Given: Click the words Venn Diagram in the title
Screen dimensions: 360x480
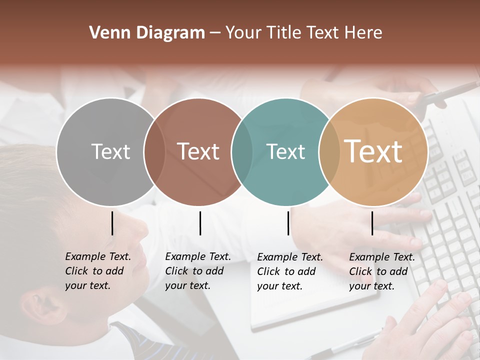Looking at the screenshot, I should pos(146,33).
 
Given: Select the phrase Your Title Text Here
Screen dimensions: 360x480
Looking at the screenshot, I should pos(303,33).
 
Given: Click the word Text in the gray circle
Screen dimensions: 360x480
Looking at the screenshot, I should pos(110,151).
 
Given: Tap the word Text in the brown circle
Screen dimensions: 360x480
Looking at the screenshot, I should pos(198,151).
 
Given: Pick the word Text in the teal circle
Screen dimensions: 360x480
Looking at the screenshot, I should pos(285,151).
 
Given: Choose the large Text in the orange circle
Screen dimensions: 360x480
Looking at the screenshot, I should pos(373,151).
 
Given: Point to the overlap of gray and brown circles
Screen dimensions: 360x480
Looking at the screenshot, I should pos(154,152).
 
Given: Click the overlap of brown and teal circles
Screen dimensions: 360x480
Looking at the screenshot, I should pos(242,152).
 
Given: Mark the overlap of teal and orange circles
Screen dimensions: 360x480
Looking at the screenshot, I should pos(328,152).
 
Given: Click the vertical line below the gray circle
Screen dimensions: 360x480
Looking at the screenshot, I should pos(112,223).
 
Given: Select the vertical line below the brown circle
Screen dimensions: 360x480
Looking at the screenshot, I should pos(200,223).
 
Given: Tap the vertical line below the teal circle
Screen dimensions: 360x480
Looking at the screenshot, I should pos(288,223).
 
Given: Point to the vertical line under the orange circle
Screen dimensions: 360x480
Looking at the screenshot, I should pos(372,223).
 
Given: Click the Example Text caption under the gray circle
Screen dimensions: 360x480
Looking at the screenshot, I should pos(97,271).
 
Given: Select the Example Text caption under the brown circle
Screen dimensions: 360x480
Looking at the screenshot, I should pos(197,271).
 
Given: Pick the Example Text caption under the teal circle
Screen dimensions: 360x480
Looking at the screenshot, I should pos(289,271).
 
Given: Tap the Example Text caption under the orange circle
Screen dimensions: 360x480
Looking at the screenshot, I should pos(381,271).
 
